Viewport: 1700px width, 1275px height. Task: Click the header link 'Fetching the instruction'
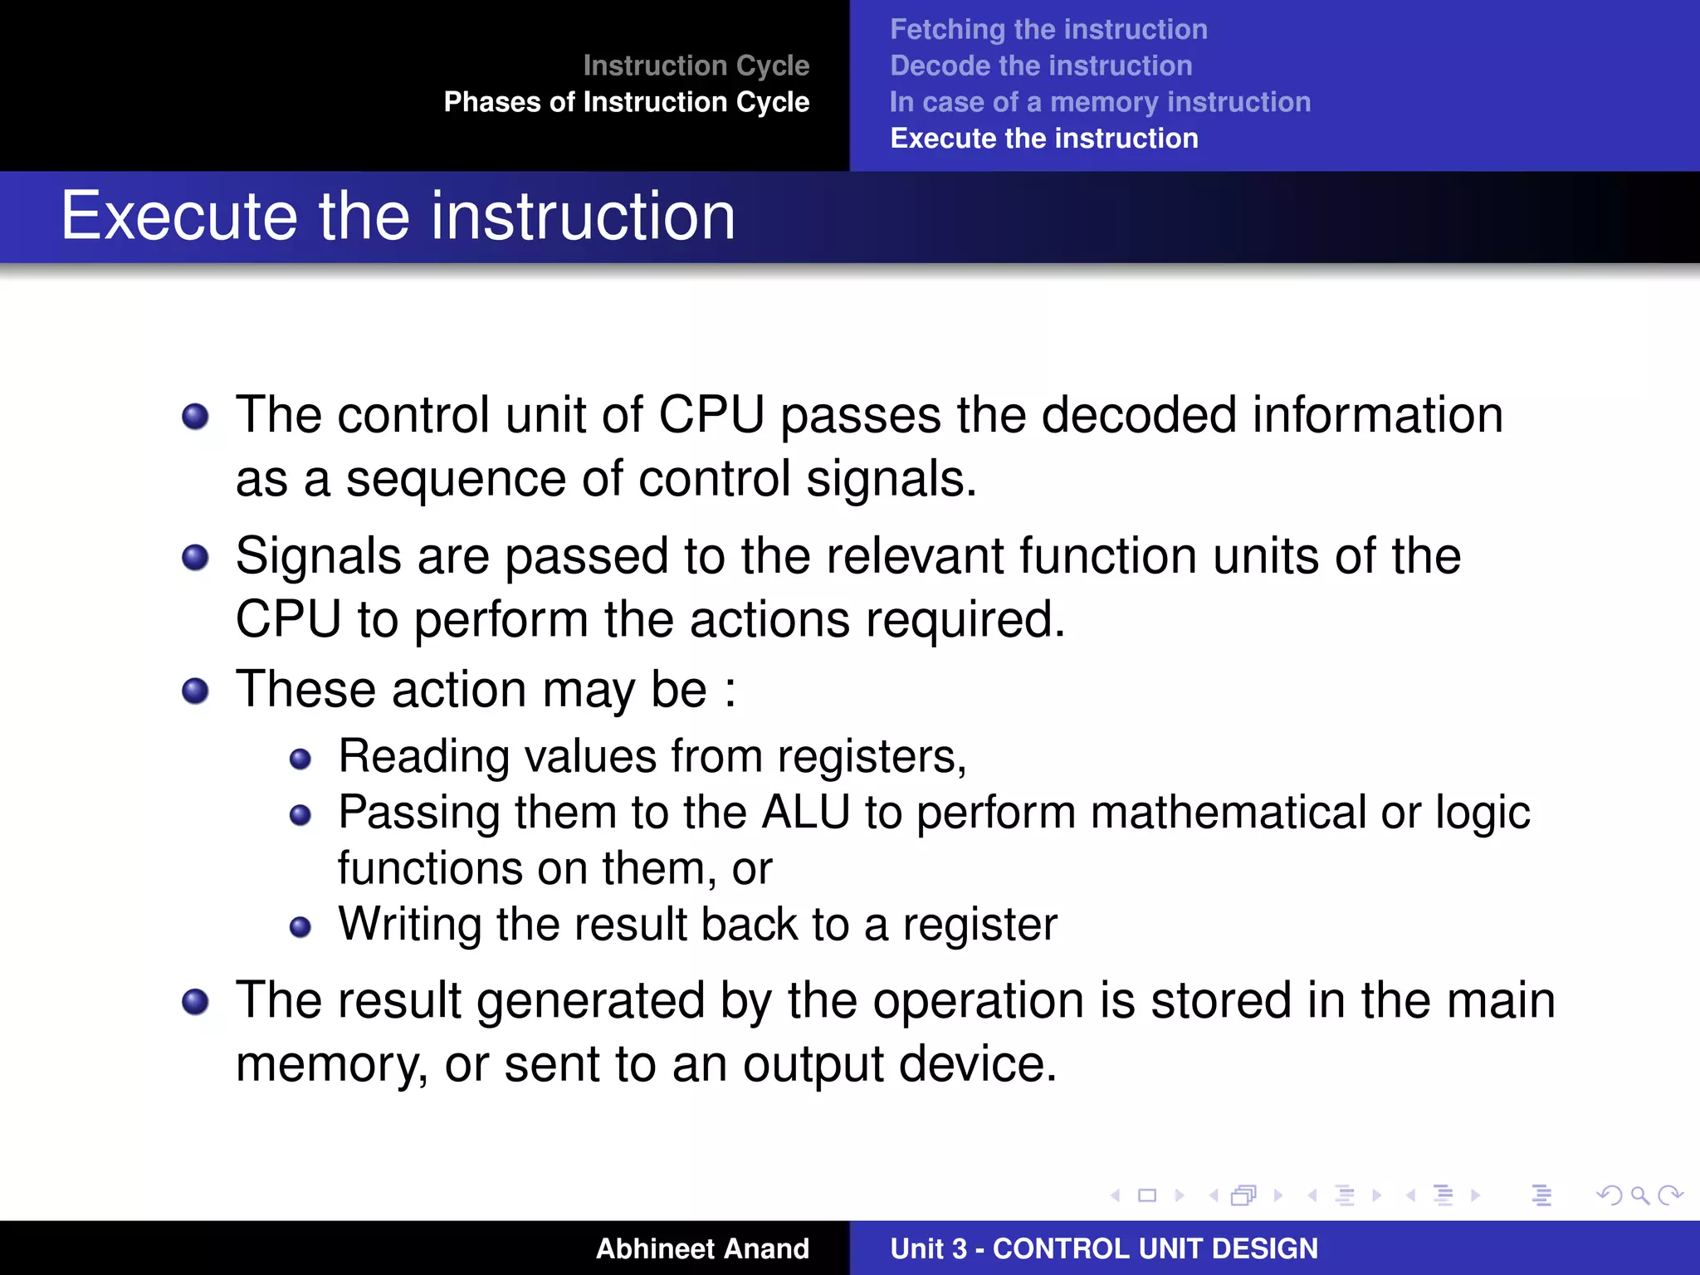1048,30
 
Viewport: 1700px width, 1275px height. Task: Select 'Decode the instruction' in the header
1040,66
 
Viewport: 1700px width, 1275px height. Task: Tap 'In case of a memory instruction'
1100,102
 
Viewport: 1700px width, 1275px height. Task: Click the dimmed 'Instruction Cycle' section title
696,66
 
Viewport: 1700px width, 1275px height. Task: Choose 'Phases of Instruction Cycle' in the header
626,102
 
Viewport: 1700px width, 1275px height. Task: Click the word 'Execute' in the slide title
178,217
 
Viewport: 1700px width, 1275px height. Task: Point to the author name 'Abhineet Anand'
702,1248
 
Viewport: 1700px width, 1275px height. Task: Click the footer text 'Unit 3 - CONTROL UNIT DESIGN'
1103,1248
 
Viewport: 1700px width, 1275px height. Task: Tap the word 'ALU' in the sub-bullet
805,813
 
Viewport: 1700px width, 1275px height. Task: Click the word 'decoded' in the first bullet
1139,416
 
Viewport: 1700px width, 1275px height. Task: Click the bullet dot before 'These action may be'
195,691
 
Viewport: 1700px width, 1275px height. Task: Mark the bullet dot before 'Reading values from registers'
300,759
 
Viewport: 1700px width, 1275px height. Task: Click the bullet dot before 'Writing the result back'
300,927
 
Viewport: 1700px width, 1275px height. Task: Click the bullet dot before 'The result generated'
195,1002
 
